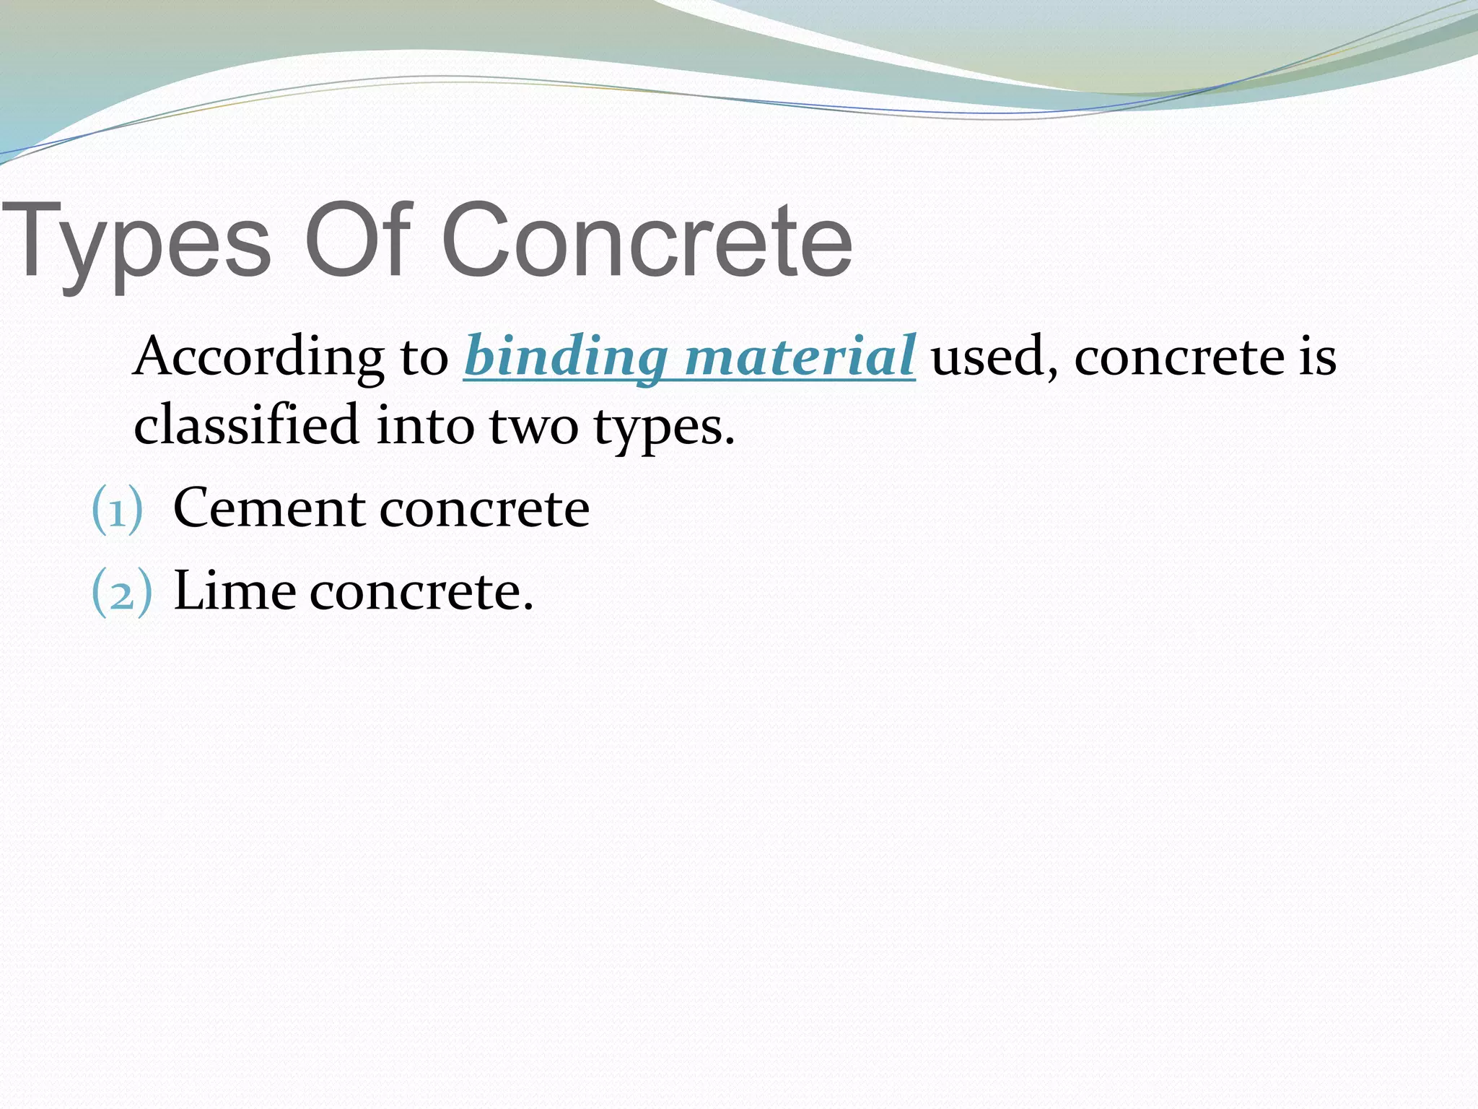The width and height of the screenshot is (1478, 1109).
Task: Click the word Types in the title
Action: [x=137, y=242]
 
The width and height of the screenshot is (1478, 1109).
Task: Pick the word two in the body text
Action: [x=534, y=426]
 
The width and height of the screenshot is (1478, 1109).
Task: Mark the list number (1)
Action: [x=118, y=510]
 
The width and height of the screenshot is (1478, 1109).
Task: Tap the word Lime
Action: [x=235, y=591]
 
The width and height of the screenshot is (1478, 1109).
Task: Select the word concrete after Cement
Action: [x=484, y=510]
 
